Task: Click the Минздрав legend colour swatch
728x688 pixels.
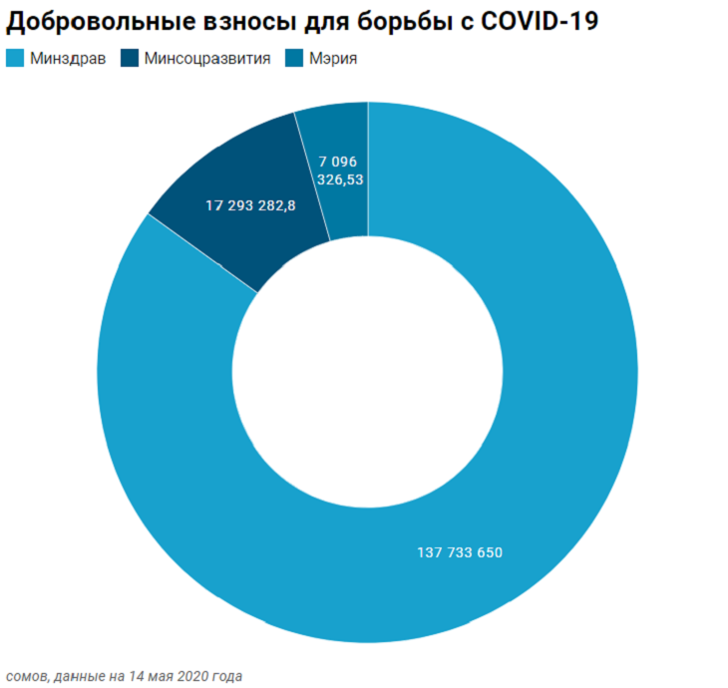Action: [x=15, y=59]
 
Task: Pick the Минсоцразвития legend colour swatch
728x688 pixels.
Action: [x=129, y=59]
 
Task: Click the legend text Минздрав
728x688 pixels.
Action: [x=68, y=59]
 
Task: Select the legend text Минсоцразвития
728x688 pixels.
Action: [x=206, y=59]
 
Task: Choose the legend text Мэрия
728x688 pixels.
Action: [x=333, y=59]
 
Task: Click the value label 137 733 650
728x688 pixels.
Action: [x=459, y=551]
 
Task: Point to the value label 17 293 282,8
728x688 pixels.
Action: [x=250, y=204]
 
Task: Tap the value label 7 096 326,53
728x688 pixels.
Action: [x=338, y=171]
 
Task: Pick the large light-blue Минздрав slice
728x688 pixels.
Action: [x=558, y=399]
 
